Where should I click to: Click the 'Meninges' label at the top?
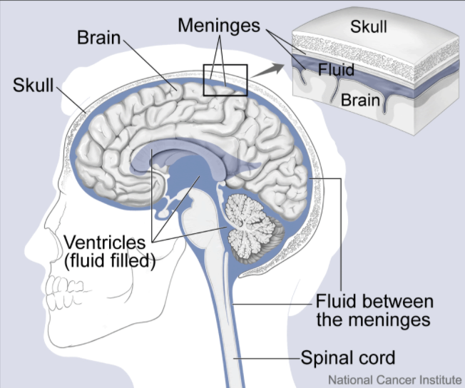(220, 26)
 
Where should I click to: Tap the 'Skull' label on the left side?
(33, 87)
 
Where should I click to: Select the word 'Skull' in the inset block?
(369, 26)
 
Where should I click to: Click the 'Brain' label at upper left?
(99, 37)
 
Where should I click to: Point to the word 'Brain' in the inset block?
(360, 100)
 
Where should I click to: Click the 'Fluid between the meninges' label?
(372, 310)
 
